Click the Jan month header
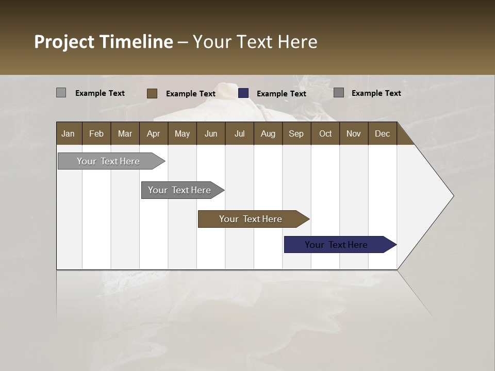point(68,133)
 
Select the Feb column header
point(96,133)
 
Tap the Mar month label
point(125,133)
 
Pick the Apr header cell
point(153,133)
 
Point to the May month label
point(182,133)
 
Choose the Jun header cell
point(211,133)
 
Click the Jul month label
point(239,133)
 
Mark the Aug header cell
point(268,133)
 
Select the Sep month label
point(296,133)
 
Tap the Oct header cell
point(325,133)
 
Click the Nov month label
point(354,133)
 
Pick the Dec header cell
point(382,133)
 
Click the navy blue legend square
point(243,93)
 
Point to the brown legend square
point(152,93)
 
